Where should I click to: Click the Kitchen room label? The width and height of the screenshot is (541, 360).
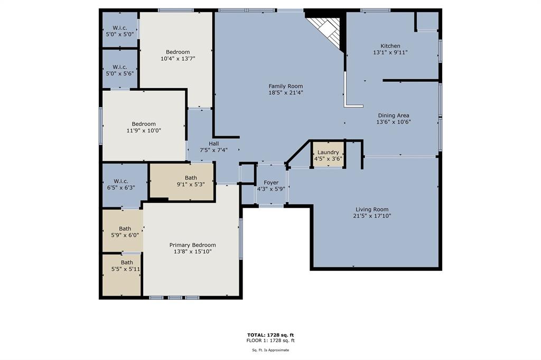click(x=390, y=46)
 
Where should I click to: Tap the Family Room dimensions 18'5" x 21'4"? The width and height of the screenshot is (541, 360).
click(x=286, y=92)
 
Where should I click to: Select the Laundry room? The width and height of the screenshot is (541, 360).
click(x=328, y=155)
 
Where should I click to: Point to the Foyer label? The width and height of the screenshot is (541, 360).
click(x=271, y=183)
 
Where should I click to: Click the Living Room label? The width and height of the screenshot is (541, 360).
click(x=372, y=210)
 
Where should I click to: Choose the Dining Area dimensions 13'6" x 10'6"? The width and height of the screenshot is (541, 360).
click(x=394, y=122)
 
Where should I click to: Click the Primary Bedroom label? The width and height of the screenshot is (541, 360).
click(x=192, y=245)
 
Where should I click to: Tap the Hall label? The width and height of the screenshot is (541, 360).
click(x=213, y=144)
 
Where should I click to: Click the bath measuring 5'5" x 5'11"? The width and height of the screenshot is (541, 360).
click(x=122, y=275)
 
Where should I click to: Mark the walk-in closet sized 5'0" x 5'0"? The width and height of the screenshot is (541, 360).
click(x=120, y=30)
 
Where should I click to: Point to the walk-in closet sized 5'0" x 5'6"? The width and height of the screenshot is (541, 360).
click(x=120, y=69)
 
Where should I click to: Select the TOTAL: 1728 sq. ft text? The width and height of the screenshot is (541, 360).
click(x=270, y=335)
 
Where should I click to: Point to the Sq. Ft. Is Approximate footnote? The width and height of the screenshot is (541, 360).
click(x=270, y=350)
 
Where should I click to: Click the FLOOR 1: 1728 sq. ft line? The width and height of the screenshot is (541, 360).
click(x=270, y=340)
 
